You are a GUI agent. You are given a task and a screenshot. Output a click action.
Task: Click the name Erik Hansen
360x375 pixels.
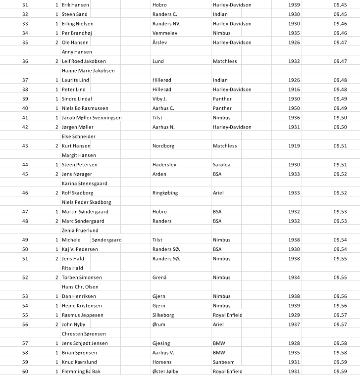pos(75,5)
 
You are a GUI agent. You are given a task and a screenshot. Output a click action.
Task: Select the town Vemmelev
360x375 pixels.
pos(165,33)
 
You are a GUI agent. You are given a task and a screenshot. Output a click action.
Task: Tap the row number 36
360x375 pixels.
pos(25,61)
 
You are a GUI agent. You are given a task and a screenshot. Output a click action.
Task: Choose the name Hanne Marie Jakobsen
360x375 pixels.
pos(88,71)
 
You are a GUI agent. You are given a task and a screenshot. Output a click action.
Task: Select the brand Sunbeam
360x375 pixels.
pos(224,362)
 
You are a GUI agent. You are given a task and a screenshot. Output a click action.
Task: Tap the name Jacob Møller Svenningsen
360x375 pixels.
pos(92,118)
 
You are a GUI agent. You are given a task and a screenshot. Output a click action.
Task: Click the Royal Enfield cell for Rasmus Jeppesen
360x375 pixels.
pos(228,315)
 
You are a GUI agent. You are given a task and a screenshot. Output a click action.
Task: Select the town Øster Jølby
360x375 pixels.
pos(169,372)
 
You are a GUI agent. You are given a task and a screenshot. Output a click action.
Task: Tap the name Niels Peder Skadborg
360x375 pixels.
pos(86,202)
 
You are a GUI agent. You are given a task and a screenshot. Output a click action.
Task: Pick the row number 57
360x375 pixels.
pos(25,343)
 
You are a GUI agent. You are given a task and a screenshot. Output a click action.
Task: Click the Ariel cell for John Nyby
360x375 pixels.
pos(218,325)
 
